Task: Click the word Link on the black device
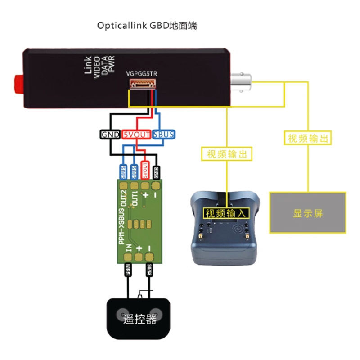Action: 88,65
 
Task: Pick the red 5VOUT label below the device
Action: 137,134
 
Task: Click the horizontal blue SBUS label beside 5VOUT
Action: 163,134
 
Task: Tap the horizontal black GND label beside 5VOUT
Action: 110,134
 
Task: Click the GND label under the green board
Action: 149,270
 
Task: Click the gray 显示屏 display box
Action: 308,212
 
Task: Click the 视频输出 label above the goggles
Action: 227,154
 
